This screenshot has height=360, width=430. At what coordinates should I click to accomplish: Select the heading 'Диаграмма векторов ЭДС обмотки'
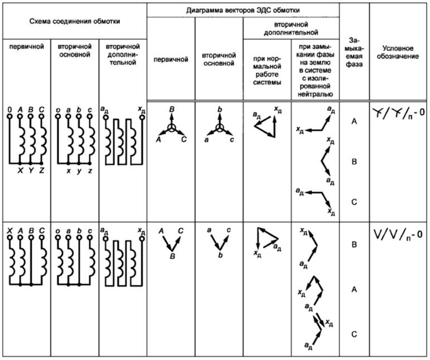(243, 9)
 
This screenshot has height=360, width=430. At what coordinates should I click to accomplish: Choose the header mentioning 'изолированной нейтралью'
(316, 67)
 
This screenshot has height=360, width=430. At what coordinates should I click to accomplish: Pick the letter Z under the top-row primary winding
(42, 171)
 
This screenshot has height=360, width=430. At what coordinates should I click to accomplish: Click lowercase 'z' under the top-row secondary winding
(90, 171)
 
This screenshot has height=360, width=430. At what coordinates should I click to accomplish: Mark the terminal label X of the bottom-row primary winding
(9, 229)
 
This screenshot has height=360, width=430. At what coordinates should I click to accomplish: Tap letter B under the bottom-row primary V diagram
(172, 256)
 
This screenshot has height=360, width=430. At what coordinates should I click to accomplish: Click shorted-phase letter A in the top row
(354, 121)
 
